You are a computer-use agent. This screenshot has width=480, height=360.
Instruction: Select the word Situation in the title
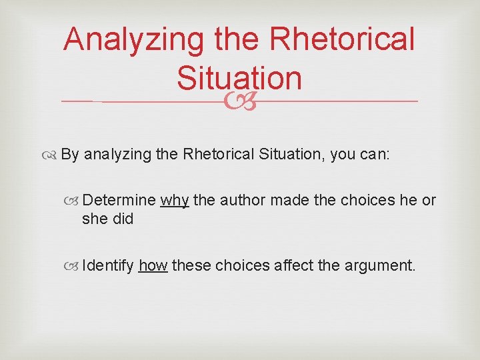coord(239,78)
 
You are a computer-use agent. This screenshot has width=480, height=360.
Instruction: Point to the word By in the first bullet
coord(70,154)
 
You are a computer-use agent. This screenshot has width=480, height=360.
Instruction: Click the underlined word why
coord(175,200)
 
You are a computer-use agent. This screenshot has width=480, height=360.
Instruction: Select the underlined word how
coord(153,265)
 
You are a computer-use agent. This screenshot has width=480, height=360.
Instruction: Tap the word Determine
coord(120,200)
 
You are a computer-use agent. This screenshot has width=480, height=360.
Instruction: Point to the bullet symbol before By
coord(53,155)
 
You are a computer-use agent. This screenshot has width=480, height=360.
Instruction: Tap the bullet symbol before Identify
coord(75,266)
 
